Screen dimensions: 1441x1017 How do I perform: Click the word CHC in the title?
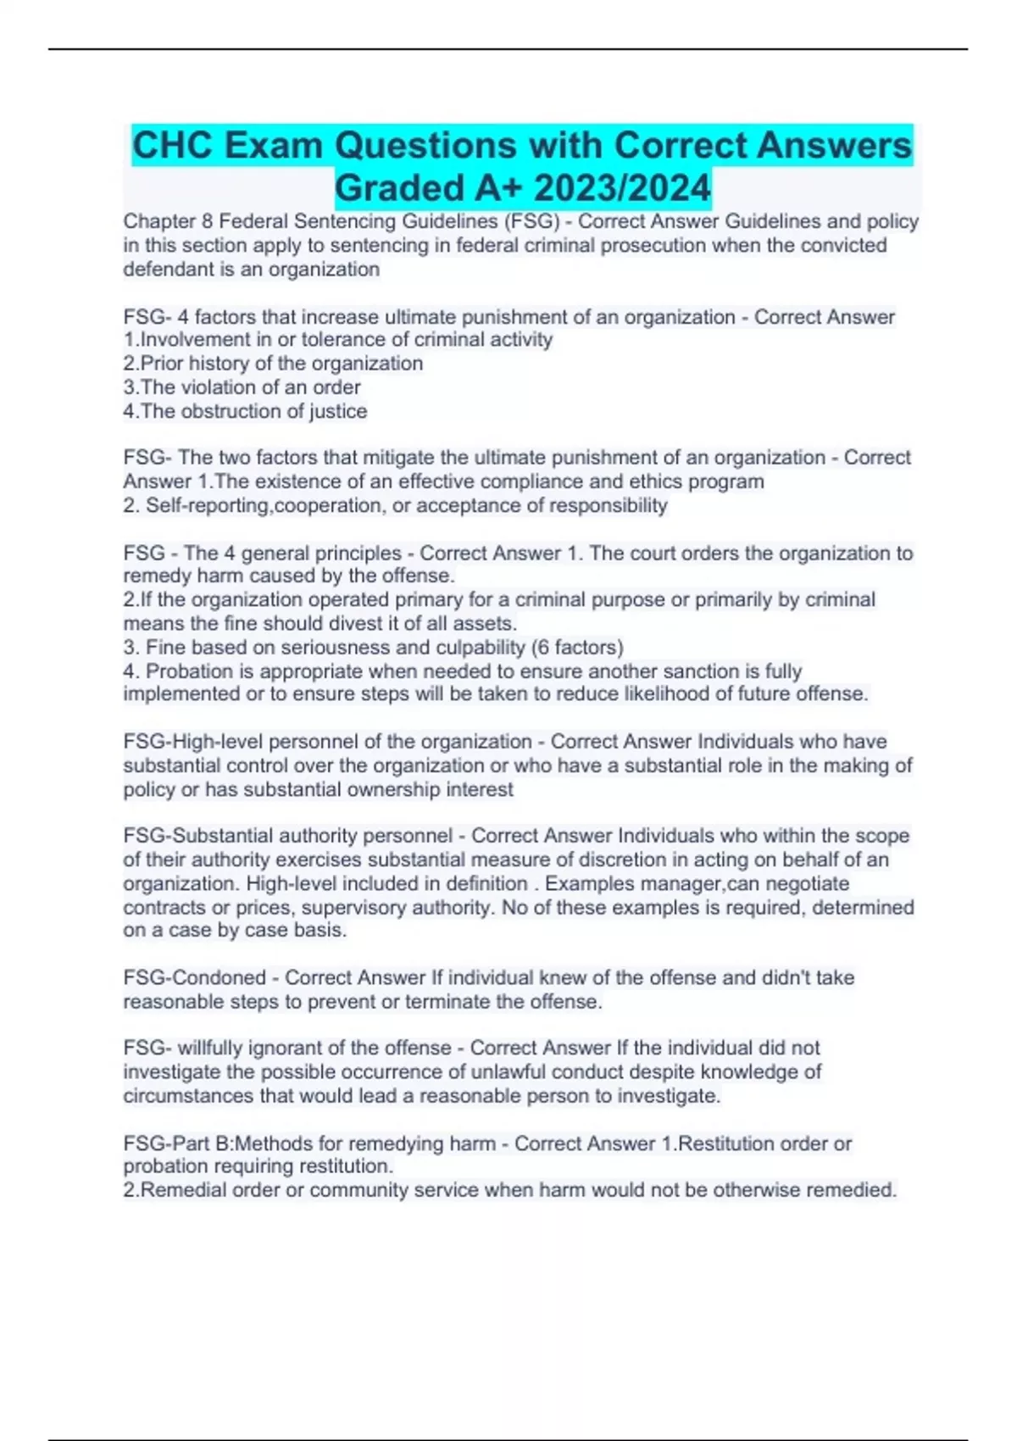click(x=172, y=146)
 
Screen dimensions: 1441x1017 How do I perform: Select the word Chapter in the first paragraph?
click(x=158, y=222)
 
